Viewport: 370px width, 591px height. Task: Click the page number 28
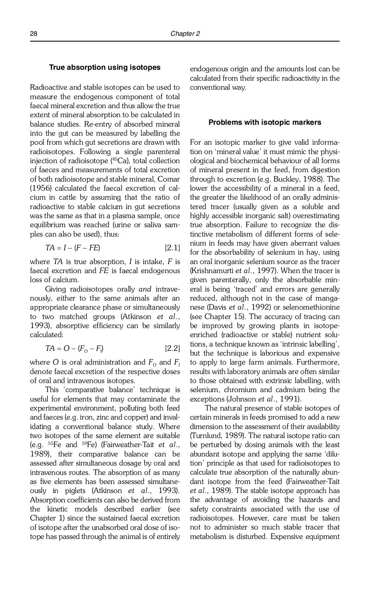33,34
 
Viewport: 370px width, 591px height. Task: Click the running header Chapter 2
185,34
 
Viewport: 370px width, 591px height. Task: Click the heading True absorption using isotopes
105,68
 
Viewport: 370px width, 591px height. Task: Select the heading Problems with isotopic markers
264,123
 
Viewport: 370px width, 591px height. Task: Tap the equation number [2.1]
172,248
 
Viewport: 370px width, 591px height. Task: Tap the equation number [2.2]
172,349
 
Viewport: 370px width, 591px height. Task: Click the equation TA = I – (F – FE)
73,248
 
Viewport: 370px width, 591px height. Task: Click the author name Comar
169,179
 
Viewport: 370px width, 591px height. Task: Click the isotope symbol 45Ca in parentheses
119,161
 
